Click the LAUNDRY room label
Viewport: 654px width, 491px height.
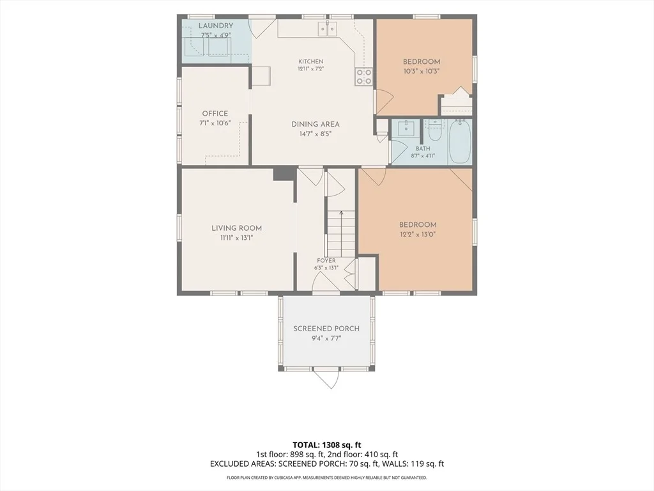point(216,26)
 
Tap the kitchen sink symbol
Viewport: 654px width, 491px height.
point(328,29)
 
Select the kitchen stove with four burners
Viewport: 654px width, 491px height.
point(363,77)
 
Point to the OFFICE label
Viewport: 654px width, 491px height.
point(215,114)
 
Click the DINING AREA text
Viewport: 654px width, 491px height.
point(316,124)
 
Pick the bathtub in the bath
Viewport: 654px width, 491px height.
point(460,141)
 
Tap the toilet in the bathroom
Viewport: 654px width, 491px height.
point(436,130)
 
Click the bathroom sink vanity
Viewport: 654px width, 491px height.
point(404,129)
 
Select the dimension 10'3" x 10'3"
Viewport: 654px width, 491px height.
point(422,72)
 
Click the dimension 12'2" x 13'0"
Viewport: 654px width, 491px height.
point(418,235)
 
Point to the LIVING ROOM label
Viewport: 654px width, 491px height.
point(236,228)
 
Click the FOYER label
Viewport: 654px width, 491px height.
point(326,261)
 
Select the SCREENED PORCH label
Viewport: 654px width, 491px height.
point(326,329)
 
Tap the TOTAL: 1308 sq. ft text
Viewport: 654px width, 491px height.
point(324,445)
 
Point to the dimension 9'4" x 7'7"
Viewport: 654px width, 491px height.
point(326,338)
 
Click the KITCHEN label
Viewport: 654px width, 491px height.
point(311,61)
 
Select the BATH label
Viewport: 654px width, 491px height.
point(423,148)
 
